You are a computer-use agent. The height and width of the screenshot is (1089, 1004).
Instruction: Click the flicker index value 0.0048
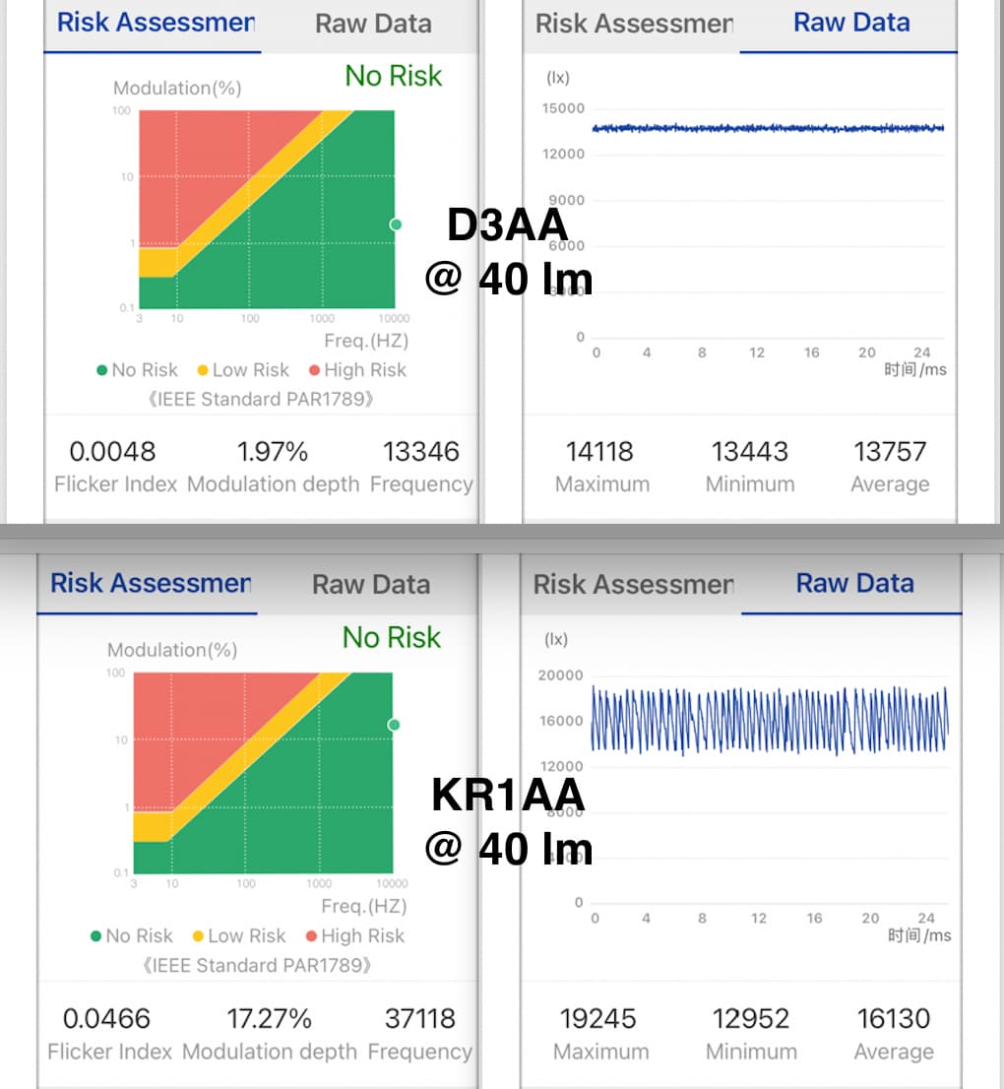point(112,452)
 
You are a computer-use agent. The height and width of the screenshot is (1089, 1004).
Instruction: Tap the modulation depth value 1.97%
point(273,452)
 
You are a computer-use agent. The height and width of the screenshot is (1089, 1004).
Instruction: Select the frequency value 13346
point(421,452)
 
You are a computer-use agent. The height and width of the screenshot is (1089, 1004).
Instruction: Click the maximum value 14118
point(600,452)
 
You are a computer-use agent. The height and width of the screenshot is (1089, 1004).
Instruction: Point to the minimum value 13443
point(750,452)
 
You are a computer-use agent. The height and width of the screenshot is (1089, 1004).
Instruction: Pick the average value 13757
point(890,452)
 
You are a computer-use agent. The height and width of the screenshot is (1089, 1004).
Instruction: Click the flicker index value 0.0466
point(106,1018)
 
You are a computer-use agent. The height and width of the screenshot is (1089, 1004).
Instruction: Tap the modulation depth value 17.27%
point(270,1018)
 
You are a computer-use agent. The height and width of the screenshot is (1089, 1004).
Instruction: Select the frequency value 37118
point(419,1018)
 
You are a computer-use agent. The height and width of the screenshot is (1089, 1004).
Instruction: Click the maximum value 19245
point(598,1018)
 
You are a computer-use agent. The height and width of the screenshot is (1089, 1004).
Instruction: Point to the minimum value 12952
point(750,1018)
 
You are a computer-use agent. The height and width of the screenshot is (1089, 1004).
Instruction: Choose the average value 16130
point(893,1018)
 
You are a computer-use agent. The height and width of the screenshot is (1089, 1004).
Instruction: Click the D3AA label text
point(508,225)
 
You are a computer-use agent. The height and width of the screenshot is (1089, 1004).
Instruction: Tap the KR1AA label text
point(508,796)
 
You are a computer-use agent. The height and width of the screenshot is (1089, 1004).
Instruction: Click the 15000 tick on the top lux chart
point(563,108)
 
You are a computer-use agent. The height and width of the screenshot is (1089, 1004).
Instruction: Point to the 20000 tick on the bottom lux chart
point(561,675)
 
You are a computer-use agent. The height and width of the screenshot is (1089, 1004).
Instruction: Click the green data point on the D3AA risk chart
point(396,224)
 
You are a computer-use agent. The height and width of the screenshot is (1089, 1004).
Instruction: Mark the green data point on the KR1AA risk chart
point(394,725)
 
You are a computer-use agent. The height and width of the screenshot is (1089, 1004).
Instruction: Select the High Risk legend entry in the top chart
point(357,370)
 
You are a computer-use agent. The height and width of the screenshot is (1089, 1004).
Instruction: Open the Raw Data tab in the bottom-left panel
point(371,584)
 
